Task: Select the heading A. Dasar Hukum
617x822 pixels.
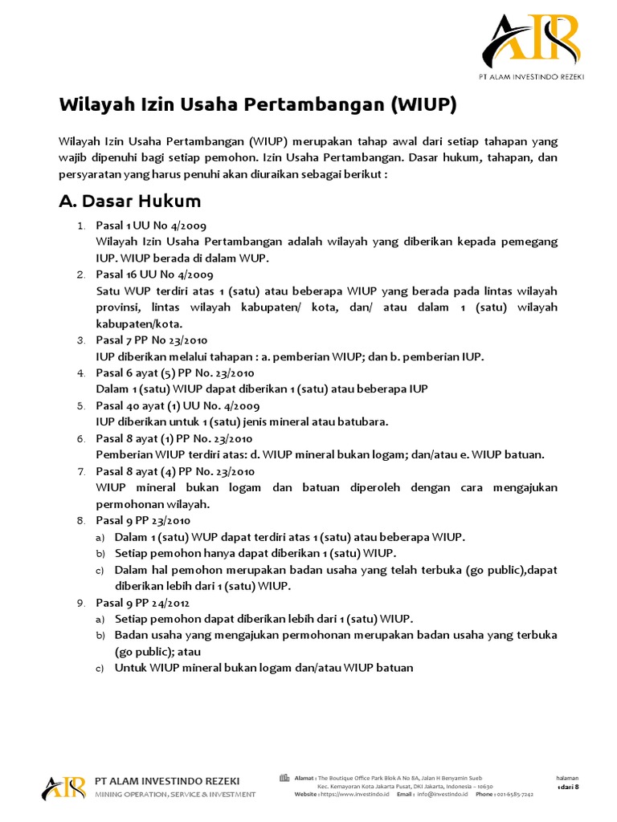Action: [x=130, y=201]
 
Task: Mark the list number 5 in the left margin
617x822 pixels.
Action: [x=81, y=405]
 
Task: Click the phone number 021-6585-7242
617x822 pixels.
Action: [x=515, y=794]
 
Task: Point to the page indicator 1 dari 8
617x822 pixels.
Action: [x=567, y=787]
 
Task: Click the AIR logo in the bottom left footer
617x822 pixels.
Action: [x=63, y=787]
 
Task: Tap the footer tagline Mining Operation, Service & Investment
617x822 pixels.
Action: [x=175, y=794]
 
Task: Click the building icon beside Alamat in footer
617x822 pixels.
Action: [x=284, y=777]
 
